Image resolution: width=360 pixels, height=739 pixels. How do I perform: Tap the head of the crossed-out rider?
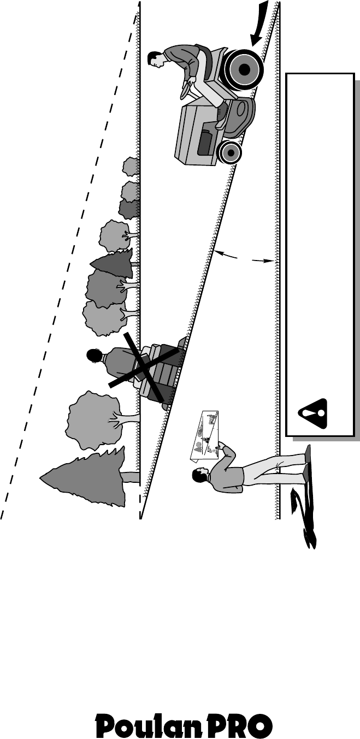coord(95,355)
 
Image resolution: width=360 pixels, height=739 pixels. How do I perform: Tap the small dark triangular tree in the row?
coord(113,264)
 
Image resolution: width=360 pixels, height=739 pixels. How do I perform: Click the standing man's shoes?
coord(307,459)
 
